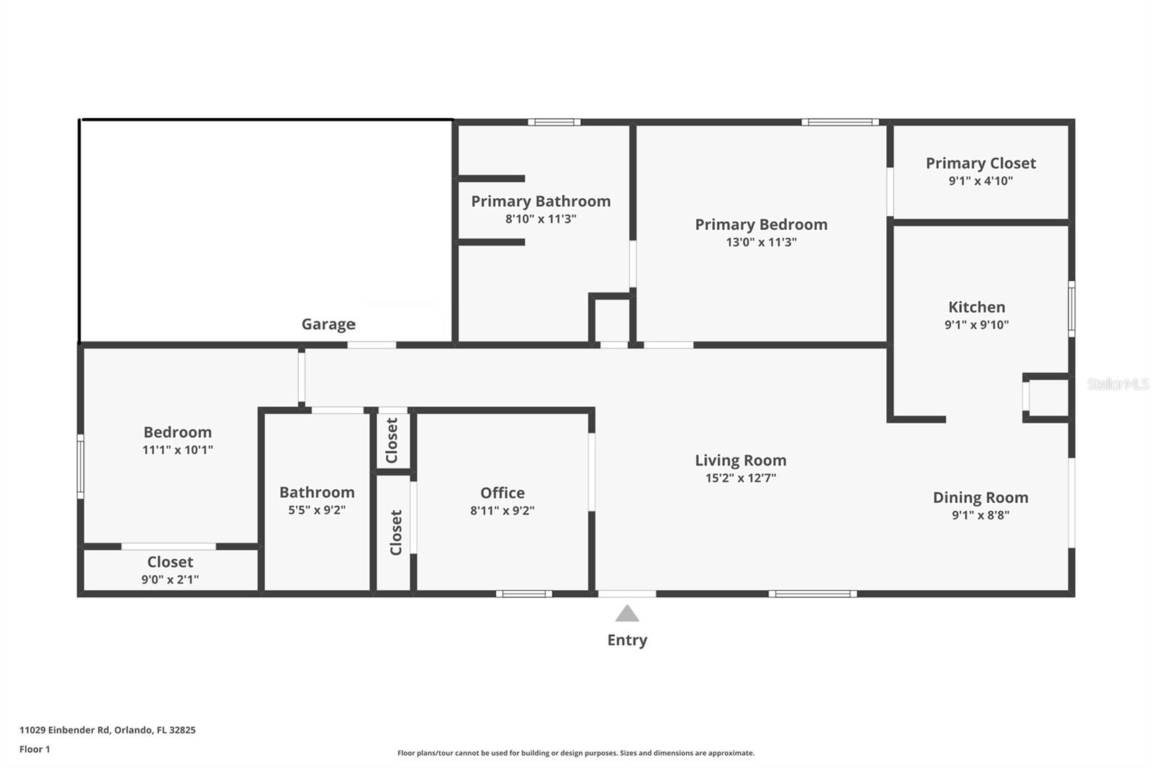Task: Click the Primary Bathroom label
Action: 541,201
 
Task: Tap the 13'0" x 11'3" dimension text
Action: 761,242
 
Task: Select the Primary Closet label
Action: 981,164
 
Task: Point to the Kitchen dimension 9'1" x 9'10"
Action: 976,325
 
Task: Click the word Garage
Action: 328,324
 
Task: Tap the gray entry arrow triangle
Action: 627,614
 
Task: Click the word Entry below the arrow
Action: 627,640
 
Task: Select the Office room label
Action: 503,493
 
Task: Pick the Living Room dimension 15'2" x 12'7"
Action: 740,478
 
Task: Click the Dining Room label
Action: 980,497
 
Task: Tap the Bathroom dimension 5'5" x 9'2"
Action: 317,510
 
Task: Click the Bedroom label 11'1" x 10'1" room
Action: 178,432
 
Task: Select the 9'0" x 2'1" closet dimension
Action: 170,579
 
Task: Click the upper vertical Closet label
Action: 392,440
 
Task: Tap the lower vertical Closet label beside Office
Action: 395,532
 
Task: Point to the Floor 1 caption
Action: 35,749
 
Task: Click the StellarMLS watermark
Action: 1117,384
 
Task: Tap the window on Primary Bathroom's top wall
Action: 554,122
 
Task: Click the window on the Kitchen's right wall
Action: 1071,308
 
